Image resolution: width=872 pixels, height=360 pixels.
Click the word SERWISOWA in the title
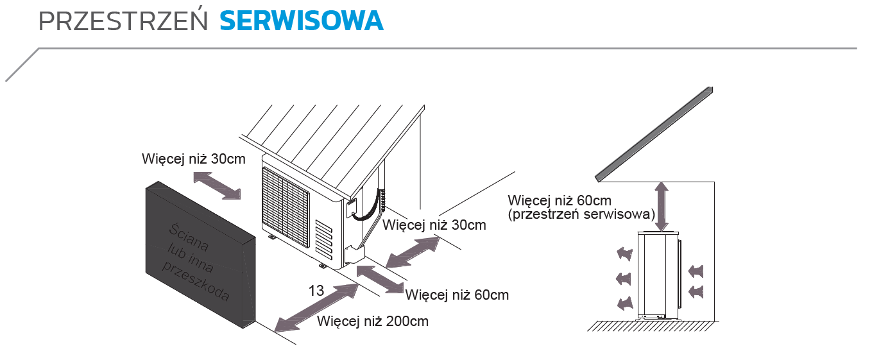(301, 21)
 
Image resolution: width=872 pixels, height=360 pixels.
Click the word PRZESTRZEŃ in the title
(124, 21)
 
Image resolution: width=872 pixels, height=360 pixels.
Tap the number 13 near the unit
(316, 290)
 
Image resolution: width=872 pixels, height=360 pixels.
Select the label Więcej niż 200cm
(372, 321)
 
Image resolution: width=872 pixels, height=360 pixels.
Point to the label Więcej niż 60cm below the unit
(457, 295)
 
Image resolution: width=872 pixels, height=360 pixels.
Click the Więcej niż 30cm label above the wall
(193, 159)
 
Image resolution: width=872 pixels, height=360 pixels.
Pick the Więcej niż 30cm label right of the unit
(434, 225)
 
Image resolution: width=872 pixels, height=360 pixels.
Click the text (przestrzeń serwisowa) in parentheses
(581, 214)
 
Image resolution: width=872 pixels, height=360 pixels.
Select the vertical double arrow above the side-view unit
(663, 205)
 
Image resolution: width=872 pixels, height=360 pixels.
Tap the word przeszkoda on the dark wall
(196, 282)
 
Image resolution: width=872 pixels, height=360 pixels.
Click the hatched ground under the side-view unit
(651, 325)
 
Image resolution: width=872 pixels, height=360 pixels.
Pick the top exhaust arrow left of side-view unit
(622, 254)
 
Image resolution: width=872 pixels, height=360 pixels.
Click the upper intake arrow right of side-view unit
(696, 270)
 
